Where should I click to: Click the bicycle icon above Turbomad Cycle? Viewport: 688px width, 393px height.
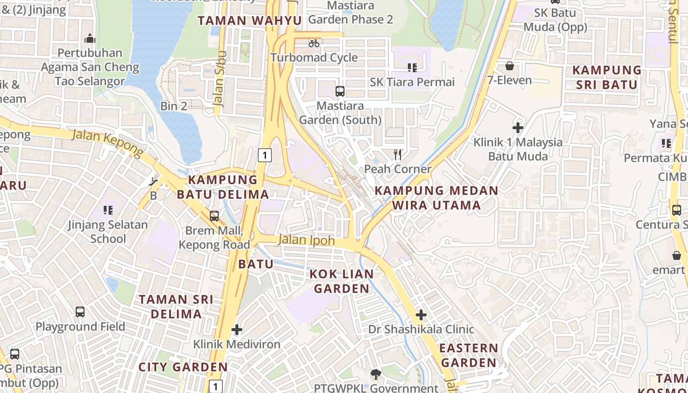(x=314, y=43)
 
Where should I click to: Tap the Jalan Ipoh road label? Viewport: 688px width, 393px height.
(x=306, y=240)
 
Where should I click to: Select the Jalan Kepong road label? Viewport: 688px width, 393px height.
(x=108, y=143)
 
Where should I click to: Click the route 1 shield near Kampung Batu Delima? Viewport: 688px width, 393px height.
(x=264, y=156)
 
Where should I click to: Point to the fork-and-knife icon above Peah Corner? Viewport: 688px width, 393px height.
(x=398, y=155)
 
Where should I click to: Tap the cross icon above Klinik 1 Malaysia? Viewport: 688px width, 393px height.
(x=517, y=128)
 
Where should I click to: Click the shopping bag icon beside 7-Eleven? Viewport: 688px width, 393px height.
(x=510, y=66)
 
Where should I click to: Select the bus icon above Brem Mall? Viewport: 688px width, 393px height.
(x=214, y=216)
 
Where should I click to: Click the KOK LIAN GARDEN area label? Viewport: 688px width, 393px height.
(x=342, y=281)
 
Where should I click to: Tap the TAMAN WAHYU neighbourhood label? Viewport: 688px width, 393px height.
(x=249, y=21)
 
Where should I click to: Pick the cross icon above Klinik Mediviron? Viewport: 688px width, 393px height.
(x=237, y=330)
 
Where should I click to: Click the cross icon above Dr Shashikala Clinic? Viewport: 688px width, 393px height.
(x=421, y=315)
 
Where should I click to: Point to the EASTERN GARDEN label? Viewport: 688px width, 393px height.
(x=468, y=355)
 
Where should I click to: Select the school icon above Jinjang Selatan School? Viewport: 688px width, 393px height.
(x=108, y=210)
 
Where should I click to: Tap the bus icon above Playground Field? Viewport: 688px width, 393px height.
(x=80, y=311)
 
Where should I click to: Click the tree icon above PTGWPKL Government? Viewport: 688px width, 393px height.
(x=376, y=374)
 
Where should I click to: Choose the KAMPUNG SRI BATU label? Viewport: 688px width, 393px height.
(x=607, y=77)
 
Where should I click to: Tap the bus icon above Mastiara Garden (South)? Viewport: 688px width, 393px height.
(x=340, y=91)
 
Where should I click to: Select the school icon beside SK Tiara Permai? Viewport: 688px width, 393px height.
(x=412, y=67)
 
